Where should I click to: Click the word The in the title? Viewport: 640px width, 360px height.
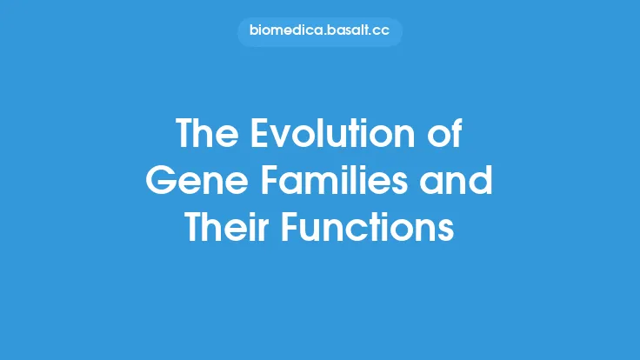point(206,135)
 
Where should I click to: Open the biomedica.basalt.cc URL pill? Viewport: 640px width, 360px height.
point(319,32)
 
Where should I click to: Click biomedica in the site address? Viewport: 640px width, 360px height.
point(283,32)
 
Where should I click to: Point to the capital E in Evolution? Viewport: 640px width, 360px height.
point(257,135)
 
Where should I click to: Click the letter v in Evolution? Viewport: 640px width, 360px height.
point(277,137)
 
